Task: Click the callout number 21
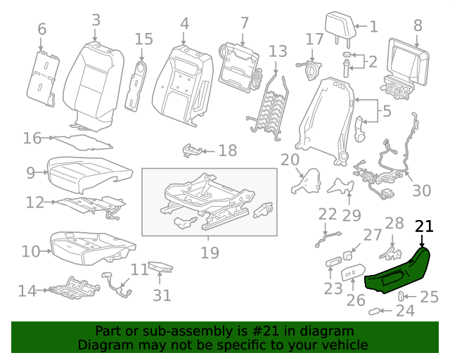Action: pos(425,226)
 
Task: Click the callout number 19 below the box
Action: pos(210,252)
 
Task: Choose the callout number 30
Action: pos(421,190)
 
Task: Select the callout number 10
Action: pos(31,251)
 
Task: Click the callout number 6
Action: pos(41,29)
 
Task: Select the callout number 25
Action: pos(428,297)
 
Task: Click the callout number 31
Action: pos(162,295)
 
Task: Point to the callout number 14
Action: pos(27,290)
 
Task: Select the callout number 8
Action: pos(418,25)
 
